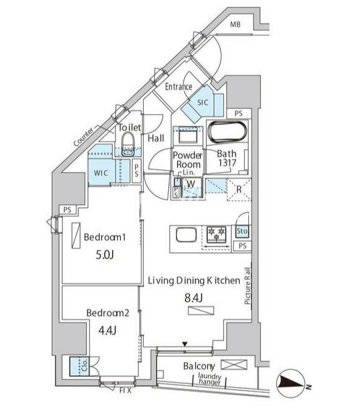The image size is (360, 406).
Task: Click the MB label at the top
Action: (x=235, y=25)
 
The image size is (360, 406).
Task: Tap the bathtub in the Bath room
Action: (x=227, y=132)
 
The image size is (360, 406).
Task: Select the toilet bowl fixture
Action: (x=128, y=143)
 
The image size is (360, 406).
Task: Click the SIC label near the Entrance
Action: (x=203, y=102)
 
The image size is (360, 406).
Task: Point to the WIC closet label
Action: (x=101, y=173)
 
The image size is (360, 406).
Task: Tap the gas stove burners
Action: (x=216, y=234)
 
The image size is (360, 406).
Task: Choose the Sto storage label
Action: (x=242, y=230)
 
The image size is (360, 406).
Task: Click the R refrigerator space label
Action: (x=239, y=189)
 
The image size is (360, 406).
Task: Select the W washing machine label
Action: (x=191, y=184)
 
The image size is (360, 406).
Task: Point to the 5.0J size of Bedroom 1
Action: (x=105, y=255)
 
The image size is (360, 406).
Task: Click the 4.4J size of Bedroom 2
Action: (x=107, y=330)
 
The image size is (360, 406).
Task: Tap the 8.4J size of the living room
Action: (x=194, y=298)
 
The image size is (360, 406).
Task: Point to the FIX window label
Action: (x=125, y=391)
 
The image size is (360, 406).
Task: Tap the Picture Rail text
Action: (x=248, y=286)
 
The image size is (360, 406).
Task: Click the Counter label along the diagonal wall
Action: (x=83, y=137)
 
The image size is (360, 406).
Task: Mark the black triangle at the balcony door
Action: (x=184, y=344)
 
